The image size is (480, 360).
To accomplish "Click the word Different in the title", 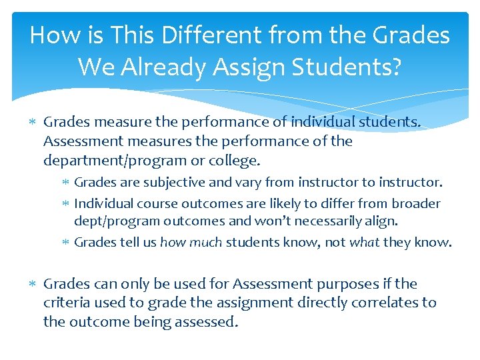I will coord(184,35).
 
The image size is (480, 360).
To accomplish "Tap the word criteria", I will coord(65,302).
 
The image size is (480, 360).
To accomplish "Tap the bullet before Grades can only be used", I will coord(33,284).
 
